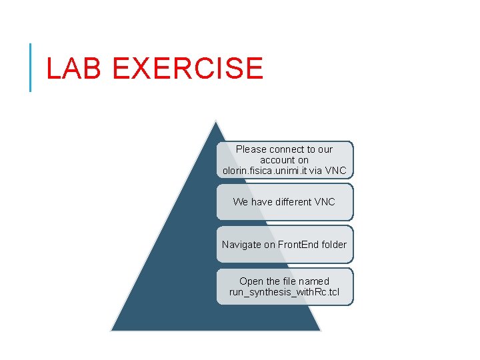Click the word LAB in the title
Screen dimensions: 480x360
tap(69, 69)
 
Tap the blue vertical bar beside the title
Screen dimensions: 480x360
tap(31, 67)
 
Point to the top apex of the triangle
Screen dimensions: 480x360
tap(215, 121)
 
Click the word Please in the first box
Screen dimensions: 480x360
tap(251, 149)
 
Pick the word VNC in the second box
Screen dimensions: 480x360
tap(325, 201)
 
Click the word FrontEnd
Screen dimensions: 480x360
tap(299, 245)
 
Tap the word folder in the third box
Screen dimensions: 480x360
tap(334, 245)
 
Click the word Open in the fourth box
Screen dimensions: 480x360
tap(251, 281)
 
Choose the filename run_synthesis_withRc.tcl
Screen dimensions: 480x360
tap(284, 292)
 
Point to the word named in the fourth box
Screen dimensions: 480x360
tap(313, 281)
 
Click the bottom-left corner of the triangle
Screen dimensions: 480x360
tap(112, 330)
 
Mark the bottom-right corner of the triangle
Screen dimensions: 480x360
tap(320, 330)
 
